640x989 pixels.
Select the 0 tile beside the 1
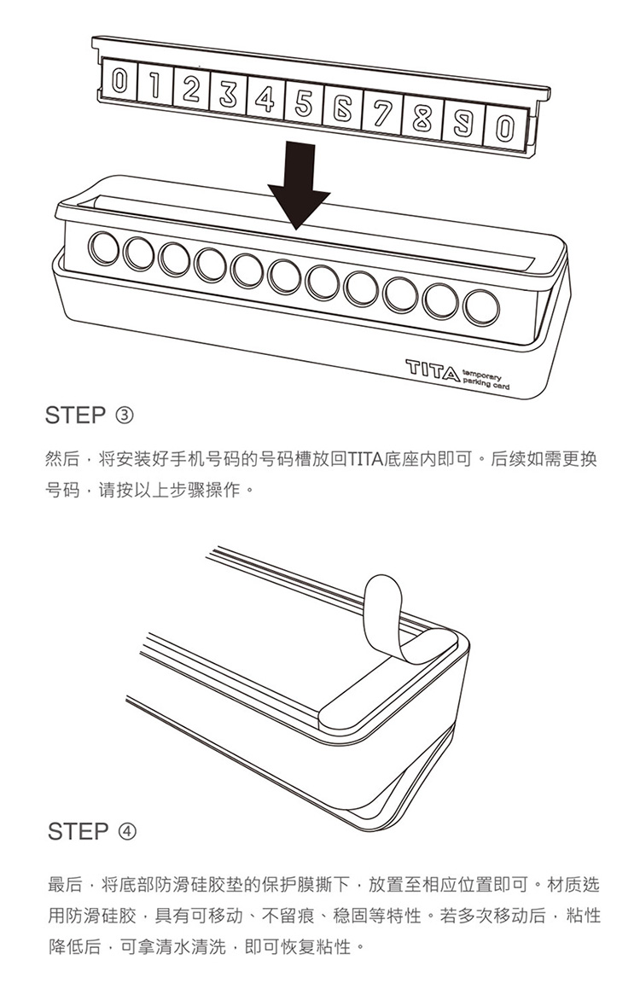(119, 79)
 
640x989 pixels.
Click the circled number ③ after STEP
(124, 416)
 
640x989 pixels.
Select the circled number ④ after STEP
(126, 832)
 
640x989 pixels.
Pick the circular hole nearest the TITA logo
(481, 308)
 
